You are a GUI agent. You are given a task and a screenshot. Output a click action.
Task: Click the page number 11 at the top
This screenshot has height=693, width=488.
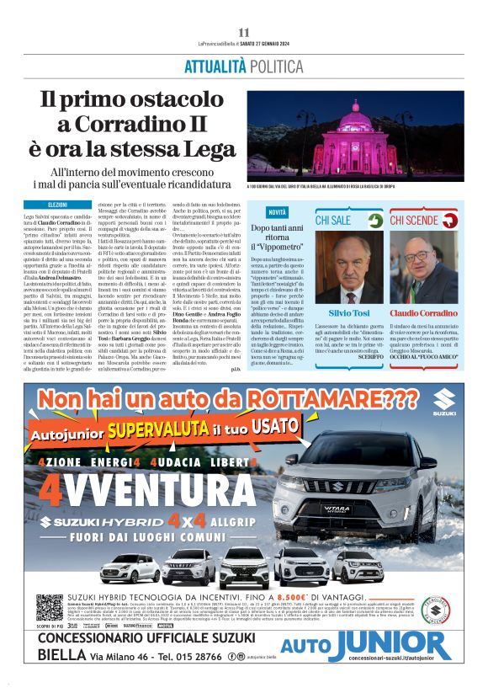(x=244, y=32)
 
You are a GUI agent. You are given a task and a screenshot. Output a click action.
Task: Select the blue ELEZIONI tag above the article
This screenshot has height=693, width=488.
(x=57, y=205)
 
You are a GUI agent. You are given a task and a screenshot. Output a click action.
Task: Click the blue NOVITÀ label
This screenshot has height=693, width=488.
(x=278, y=212)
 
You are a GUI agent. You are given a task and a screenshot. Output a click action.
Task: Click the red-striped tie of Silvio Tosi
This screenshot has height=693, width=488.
(x=351, y=295)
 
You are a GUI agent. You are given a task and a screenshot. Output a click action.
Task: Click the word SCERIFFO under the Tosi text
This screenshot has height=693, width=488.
(x=369, y=357)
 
